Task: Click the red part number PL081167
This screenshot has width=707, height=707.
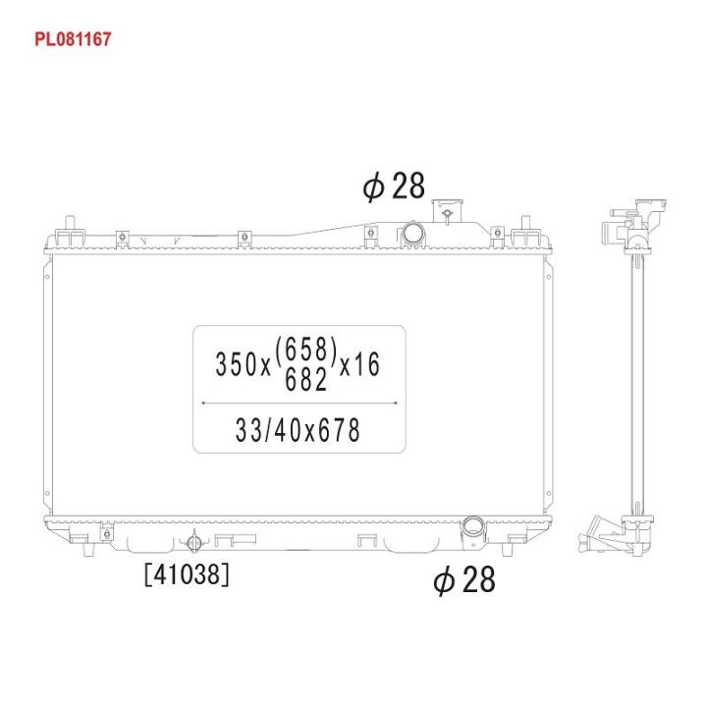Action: [73, 39]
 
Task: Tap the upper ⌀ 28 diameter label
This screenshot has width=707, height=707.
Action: [394, 186]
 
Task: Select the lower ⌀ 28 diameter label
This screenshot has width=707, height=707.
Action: [463, 580]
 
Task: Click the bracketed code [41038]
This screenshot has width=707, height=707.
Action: [187, 574]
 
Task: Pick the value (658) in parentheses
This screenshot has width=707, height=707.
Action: [305, 351]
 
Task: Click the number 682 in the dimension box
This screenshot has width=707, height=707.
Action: [305, 379]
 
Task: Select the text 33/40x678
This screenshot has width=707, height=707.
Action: [298, 430]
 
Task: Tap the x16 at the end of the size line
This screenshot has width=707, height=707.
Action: [359, 364]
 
